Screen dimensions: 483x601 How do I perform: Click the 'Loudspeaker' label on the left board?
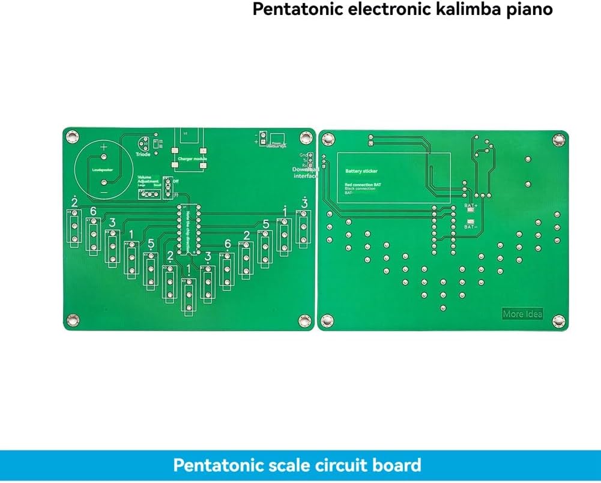click(x=102, y=170)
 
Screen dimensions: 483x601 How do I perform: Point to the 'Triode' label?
click(x=143, y=154)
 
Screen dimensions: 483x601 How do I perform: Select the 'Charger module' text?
click(x=192, y=159)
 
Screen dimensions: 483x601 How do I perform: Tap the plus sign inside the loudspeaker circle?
click(x=104, y=148)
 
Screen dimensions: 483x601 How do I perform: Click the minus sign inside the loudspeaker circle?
click(x=104, y=191)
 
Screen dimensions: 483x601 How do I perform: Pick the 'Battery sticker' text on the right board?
click(x=361, y=171)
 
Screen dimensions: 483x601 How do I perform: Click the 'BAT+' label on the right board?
click(x=471, y=205)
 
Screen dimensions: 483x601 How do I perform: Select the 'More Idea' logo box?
click(x=522, y=314)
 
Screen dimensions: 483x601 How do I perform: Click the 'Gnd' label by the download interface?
click(x=303, y=155)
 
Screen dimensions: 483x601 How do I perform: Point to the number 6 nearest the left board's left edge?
click(x=93, y=211)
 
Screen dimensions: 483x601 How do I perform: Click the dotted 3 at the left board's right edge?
click(x=304, y=205)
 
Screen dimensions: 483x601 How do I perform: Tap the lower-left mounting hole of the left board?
click(x=73, y=319)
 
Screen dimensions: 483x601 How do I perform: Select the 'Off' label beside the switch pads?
click(x=175, y=181)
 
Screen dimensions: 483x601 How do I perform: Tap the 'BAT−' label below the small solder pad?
click(x=471, y=227)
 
